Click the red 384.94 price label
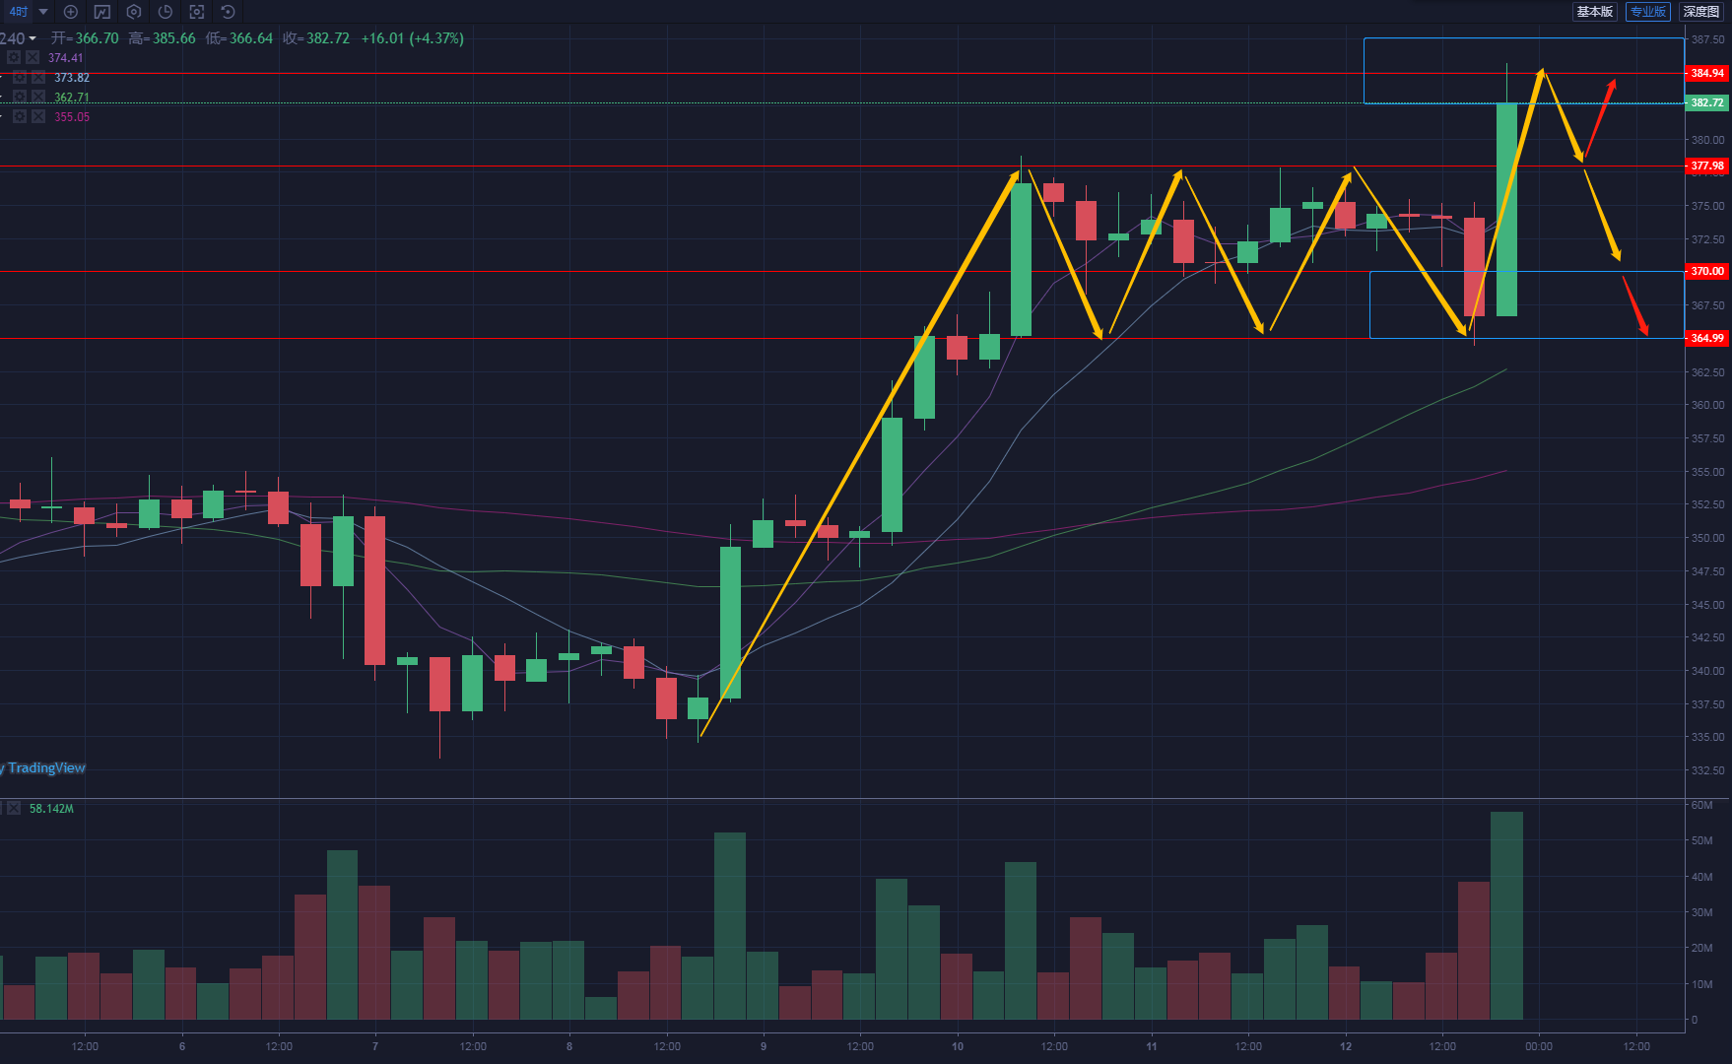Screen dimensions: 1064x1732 click(1706, 73)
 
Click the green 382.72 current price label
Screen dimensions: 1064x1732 click(1706, 102)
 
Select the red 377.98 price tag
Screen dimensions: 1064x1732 click(1706, 166)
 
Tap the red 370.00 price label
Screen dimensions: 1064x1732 click(1706, 271)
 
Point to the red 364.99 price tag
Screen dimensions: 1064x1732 click(1706, 338)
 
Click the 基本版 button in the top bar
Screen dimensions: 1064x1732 click(1594, 12)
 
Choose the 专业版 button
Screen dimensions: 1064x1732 click(1648, 12)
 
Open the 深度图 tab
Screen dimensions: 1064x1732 click(1701, 12)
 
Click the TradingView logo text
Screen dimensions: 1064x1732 click(46, 767)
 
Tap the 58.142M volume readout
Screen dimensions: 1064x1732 click(51, 809)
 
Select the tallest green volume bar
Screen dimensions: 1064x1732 click(1506, 915)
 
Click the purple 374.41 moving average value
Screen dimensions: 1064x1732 click(66, 58)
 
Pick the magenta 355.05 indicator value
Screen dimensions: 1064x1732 click(72, 117)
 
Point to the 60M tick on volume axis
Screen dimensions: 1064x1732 click(1701, 805)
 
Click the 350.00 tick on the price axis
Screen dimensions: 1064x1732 click(1707, 538)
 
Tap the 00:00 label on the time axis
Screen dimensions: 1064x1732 click(1539, 1046)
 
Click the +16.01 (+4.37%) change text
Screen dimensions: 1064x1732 click(412, 38)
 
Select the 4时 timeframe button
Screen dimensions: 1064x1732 click(19, 12)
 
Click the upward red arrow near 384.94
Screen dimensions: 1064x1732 click(1599, 118)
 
